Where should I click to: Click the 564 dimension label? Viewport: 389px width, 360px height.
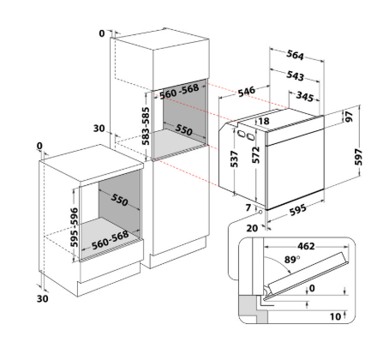click(295, 55)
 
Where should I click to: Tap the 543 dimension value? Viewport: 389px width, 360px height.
click(295, 75)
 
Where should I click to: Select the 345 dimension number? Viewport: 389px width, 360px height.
click(305, 97)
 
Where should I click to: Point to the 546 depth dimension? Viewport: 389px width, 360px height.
click(246, 92)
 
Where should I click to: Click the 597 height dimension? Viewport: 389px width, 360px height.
click(358, 157)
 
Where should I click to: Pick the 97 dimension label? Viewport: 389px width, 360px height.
click(349, 117)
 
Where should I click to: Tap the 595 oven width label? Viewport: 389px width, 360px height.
click(298, 210)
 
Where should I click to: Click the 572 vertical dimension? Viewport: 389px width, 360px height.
click(256, 155)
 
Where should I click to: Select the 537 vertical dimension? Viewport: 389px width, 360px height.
click(234, 159)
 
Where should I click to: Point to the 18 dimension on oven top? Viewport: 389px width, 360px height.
click(264, 121)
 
